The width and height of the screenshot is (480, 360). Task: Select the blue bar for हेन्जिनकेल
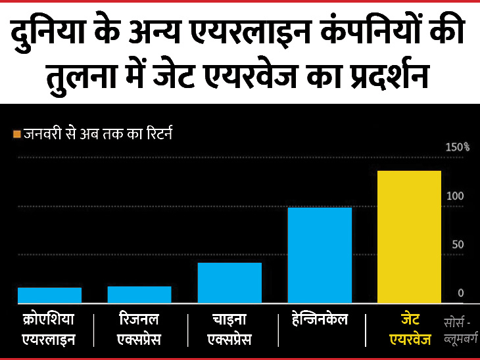[320, 255]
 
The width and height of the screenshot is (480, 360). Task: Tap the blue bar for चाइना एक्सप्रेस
[229, 282]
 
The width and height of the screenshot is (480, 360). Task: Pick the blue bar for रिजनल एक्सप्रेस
[139, 294]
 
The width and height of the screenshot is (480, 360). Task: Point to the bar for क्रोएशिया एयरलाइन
[49, 295]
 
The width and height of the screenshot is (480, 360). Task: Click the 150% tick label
[457, 147]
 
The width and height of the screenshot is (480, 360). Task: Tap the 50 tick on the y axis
[458, 244]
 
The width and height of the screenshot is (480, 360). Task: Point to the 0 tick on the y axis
[461, 293]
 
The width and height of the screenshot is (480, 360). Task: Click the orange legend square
[17, 135]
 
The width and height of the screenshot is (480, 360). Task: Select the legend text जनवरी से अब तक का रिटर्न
[99, 134]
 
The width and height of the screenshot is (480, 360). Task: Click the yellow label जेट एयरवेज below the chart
[409, 330]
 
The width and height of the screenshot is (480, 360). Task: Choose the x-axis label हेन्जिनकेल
[320, 321]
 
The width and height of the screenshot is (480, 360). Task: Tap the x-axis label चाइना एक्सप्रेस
[229, 330]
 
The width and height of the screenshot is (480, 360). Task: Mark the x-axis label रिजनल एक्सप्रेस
[139, 330]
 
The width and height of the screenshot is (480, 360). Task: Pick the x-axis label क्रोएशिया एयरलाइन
[49, 330]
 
